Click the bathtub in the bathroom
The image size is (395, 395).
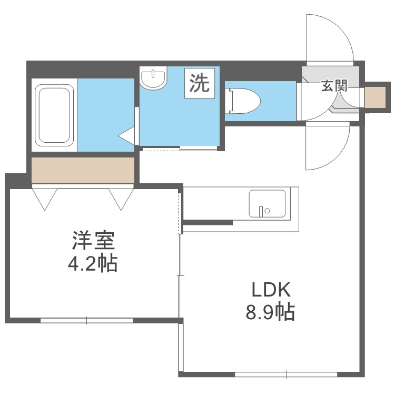53,115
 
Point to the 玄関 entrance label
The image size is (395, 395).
333,86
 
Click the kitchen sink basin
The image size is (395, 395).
267,203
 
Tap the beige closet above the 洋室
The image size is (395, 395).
83,170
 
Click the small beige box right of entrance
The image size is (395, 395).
375,97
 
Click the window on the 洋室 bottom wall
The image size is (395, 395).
87,320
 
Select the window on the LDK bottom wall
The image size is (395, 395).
285,375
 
